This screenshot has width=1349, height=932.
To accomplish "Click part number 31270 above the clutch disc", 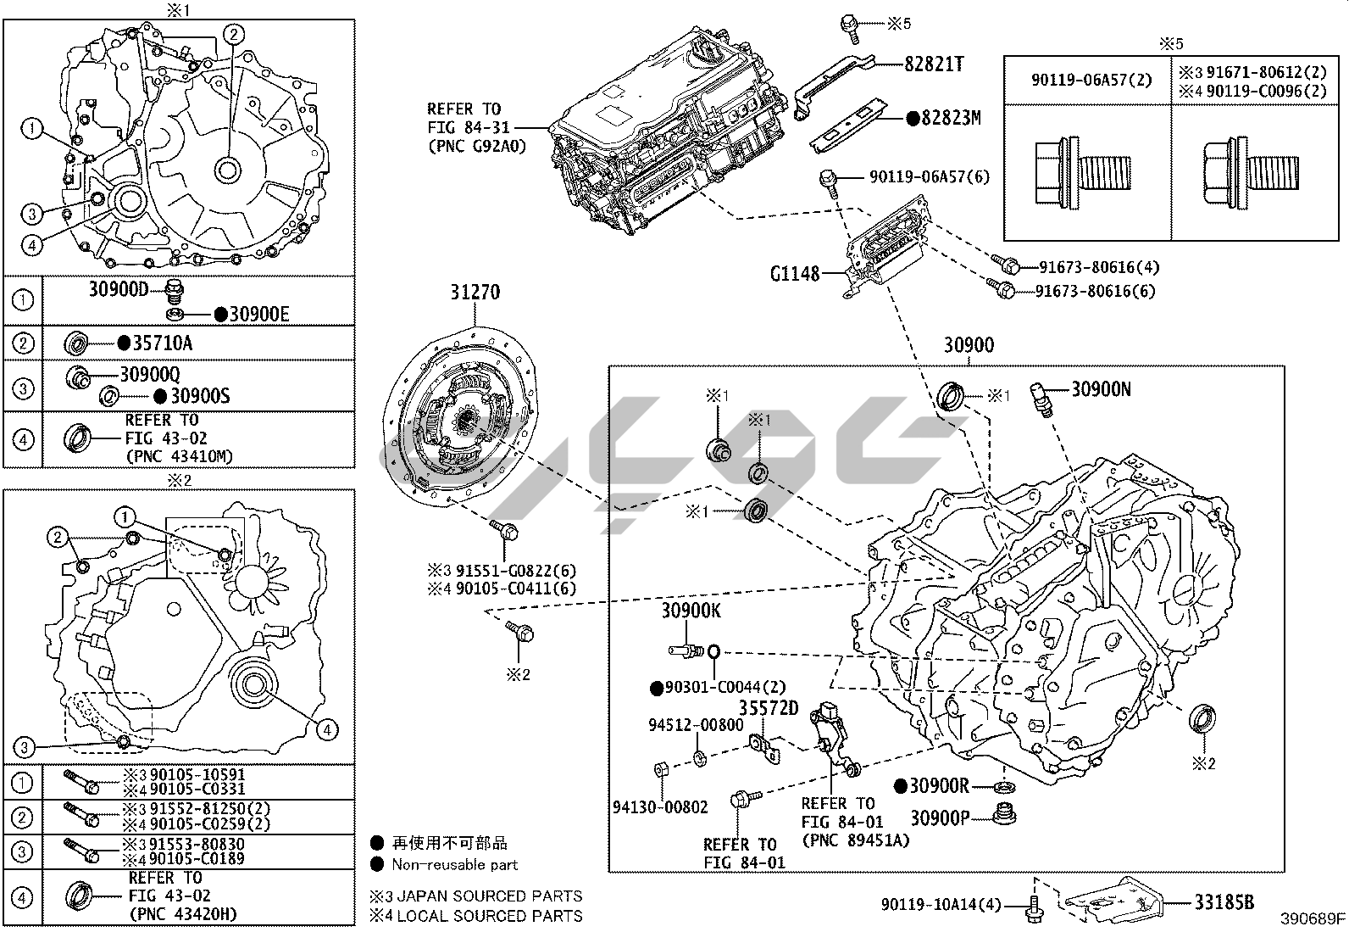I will pos(475,293).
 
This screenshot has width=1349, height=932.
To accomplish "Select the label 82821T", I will pos(933,64).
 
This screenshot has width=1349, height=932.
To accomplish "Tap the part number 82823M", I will pos(950,119).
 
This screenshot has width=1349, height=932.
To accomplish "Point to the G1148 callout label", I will pos(795,274).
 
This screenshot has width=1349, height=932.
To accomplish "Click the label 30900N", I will pos(1101,389).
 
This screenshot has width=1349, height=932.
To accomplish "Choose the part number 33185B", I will pos(1224,902).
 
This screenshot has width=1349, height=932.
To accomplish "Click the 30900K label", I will pos(691,611).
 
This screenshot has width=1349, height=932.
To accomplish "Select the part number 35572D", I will pos(769,707).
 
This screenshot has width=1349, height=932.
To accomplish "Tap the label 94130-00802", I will pos(660,806).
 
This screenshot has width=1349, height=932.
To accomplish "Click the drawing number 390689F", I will pos(1313,919).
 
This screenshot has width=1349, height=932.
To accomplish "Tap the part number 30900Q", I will pos(149,374).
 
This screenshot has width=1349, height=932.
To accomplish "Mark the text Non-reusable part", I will pos(454,865).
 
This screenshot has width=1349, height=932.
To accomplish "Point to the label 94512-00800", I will pos(696,725).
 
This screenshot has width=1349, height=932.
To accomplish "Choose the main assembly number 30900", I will pos(969,345).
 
